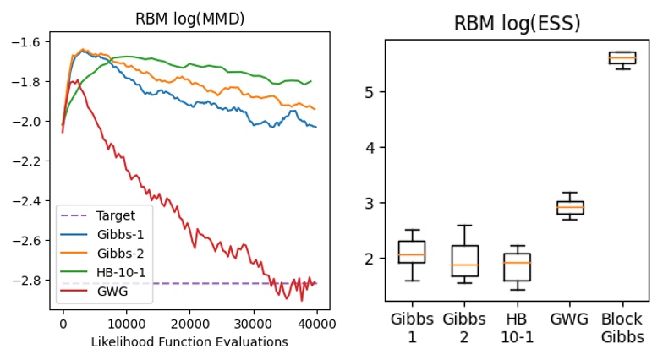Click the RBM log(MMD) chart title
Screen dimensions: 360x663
pos(189,19)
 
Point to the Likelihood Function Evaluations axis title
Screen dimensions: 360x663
pos(189,342)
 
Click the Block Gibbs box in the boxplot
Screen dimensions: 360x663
pos(622,57)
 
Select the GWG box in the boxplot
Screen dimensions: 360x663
pos(569,208)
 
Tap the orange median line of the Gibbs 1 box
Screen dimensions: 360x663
pos(411,255)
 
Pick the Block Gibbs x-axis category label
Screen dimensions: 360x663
pos(622,328)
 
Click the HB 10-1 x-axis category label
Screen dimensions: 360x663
pos(517,328)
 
